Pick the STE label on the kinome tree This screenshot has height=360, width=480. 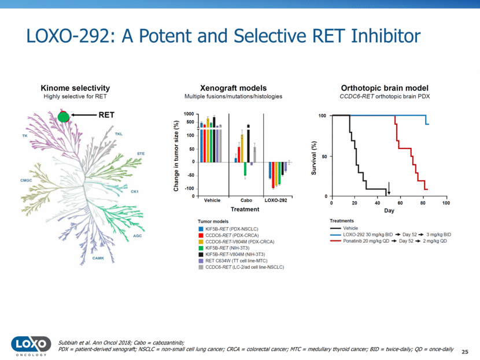point(141,153)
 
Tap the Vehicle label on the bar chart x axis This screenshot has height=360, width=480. point(212,201)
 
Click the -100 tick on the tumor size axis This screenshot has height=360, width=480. point(189,189)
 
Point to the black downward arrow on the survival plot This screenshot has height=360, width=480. point(389,188)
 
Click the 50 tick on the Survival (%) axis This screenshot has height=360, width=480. point(324,156)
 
